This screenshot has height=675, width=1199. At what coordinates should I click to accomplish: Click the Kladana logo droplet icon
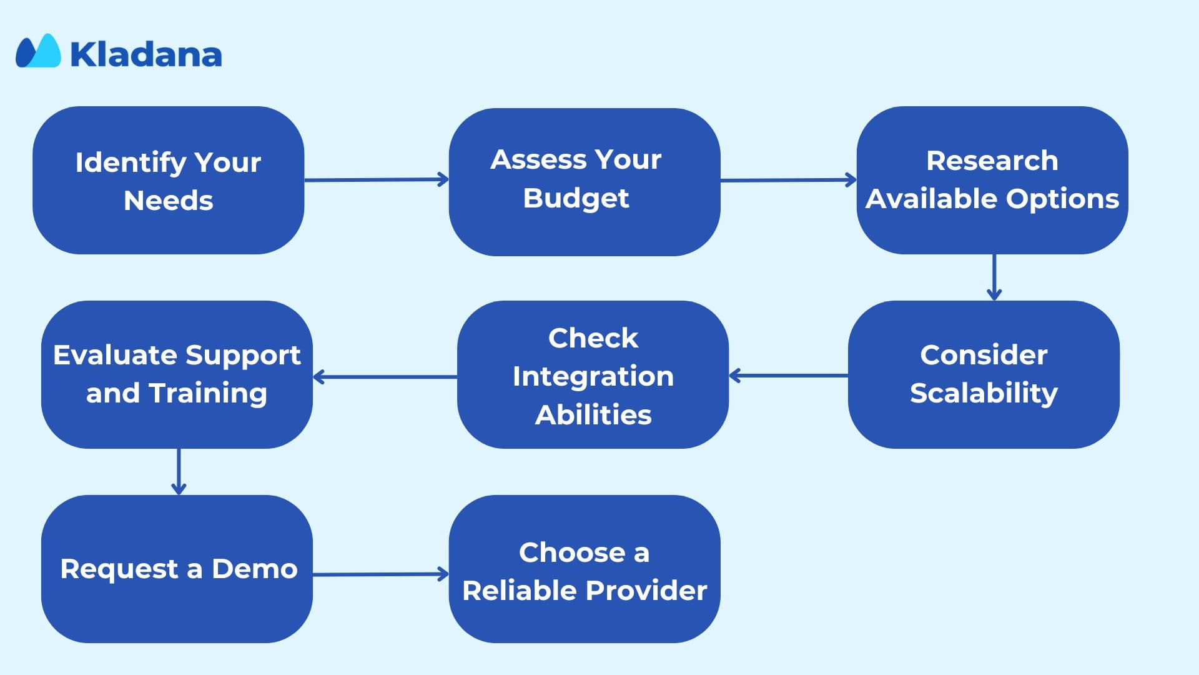point(38,51)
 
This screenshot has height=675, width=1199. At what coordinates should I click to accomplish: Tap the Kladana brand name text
point(146,54)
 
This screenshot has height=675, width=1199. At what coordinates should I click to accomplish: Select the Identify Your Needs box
point(169,180)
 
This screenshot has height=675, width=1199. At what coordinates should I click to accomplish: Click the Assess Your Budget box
point(585,182)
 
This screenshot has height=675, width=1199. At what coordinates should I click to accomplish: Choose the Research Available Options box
point(992,180)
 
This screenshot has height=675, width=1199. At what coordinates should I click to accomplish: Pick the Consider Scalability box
point(984,374)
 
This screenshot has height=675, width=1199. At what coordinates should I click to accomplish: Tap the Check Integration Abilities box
point(593,374)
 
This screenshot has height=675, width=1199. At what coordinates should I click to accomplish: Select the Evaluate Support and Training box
point(177,374)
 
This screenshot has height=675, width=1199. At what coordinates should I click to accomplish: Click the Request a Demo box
point(177,569)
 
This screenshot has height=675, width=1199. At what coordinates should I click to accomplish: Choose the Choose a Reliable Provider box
point(585,569)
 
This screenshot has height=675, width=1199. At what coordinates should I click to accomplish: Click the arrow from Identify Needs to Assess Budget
point(377,180)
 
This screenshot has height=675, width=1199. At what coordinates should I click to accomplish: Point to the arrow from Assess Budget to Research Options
point(789,180)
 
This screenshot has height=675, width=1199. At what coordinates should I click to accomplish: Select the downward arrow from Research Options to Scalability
point(994,277)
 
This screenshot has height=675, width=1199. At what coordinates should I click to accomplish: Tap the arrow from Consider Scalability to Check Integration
point(788,376)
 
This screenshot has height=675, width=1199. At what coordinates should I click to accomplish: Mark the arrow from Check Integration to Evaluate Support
point(385,377)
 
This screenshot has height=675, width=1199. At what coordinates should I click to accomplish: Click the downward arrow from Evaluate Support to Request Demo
point(179,472)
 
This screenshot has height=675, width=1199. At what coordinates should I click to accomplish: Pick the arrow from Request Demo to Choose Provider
point(381,574)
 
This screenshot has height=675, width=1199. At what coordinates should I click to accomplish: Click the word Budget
point(576,199)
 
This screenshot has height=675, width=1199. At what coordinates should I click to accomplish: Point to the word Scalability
point(984,394)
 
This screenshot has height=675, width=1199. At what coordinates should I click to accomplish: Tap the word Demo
point(255,569)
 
